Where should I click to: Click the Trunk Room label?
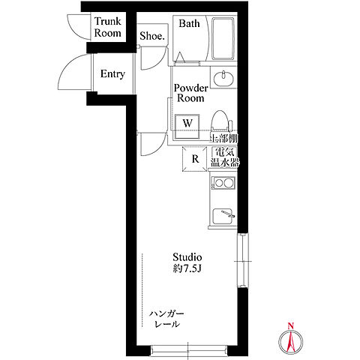(108, 27)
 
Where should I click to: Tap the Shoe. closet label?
(152, 36)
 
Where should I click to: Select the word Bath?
(189, 24)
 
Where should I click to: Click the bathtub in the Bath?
(223, 38)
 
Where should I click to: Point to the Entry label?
(112, 74)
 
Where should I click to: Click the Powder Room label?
(190, 93)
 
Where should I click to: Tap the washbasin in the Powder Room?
(223, 77)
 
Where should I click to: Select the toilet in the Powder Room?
(220, 121)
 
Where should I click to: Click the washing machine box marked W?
(187, 127)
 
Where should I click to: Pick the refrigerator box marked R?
(195, 159)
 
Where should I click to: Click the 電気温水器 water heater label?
(225, 157)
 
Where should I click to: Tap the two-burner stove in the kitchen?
(223, 183)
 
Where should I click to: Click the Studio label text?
(187, 257)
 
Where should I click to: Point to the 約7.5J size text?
(187, 268)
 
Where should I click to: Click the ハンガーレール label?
(166, 319)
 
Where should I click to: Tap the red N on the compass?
(290, 325)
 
